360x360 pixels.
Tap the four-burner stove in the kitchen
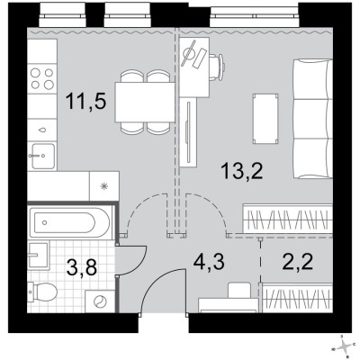coord(41,78)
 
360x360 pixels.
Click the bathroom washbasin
coord(36,256)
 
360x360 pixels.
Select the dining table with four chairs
coord(145,101)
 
